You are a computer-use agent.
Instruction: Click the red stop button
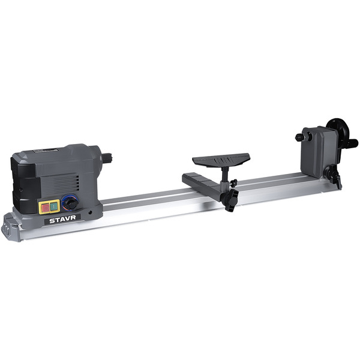tap(46, 208)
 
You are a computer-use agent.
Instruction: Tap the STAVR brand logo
tap(62, 220)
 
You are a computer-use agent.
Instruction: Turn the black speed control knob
tap(70, 203)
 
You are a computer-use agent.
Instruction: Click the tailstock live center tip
tap(297, 137)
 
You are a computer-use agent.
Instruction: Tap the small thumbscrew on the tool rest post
tap(234, 183)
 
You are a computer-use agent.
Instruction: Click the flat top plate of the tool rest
tap(221, 160)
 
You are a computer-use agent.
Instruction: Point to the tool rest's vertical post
tap(225, 175)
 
